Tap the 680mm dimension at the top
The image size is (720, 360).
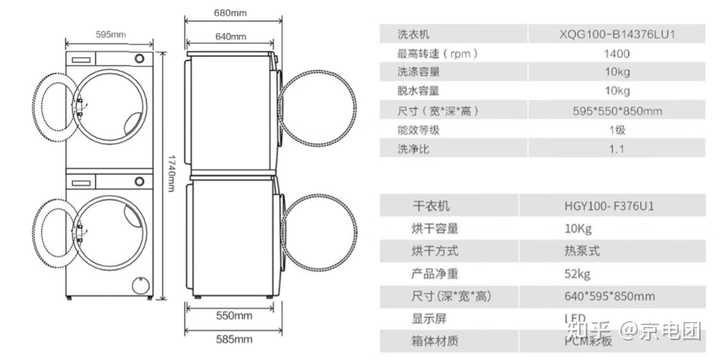click(x=230, y=12)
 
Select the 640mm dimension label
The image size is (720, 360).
click(x=230, y=37)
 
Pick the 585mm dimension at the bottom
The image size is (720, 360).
click(x=231, y=339)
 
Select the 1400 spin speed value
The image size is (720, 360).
click(x=617, y=54)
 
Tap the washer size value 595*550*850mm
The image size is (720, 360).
click(x=617, y=111)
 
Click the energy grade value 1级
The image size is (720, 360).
click(x=617, y=130)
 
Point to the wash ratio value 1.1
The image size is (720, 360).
click(x=617, y=149)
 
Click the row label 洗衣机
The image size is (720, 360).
click(x=413, y=35)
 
